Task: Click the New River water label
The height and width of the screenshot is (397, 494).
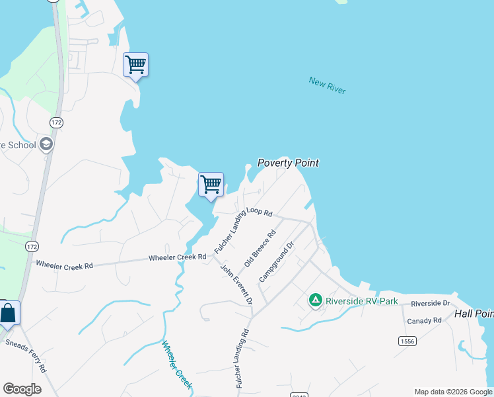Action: click(327, 85)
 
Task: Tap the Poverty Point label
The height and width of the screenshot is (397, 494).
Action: click(287, 163)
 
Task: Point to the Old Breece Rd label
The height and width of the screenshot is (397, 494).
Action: click(260, 248)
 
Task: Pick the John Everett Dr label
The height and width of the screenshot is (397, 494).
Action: click(236, 285)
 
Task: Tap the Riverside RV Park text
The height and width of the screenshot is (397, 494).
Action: click(363, 301)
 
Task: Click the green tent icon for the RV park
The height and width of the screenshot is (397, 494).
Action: click(316, 301)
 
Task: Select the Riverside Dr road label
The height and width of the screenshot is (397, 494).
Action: click(430, 303)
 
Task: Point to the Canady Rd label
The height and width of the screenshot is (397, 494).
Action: click(424, 320)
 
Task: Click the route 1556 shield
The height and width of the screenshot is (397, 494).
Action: click(407, 341)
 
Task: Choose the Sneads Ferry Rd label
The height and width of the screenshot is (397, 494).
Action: click(26, 355)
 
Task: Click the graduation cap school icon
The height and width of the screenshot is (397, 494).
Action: click(46, 144)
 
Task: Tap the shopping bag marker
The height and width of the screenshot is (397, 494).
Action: click(8, 312)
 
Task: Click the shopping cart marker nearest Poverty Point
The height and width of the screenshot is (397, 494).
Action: click(211, 184)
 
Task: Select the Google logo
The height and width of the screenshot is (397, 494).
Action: click(22, 389)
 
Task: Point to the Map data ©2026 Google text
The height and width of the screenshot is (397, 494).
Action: click(452, 392)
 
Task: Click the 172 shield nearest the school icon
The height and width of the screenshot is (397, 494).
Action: click(56, 122)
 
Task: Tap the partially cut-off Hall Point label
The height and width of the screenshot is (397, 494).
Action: click(474, 314)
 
